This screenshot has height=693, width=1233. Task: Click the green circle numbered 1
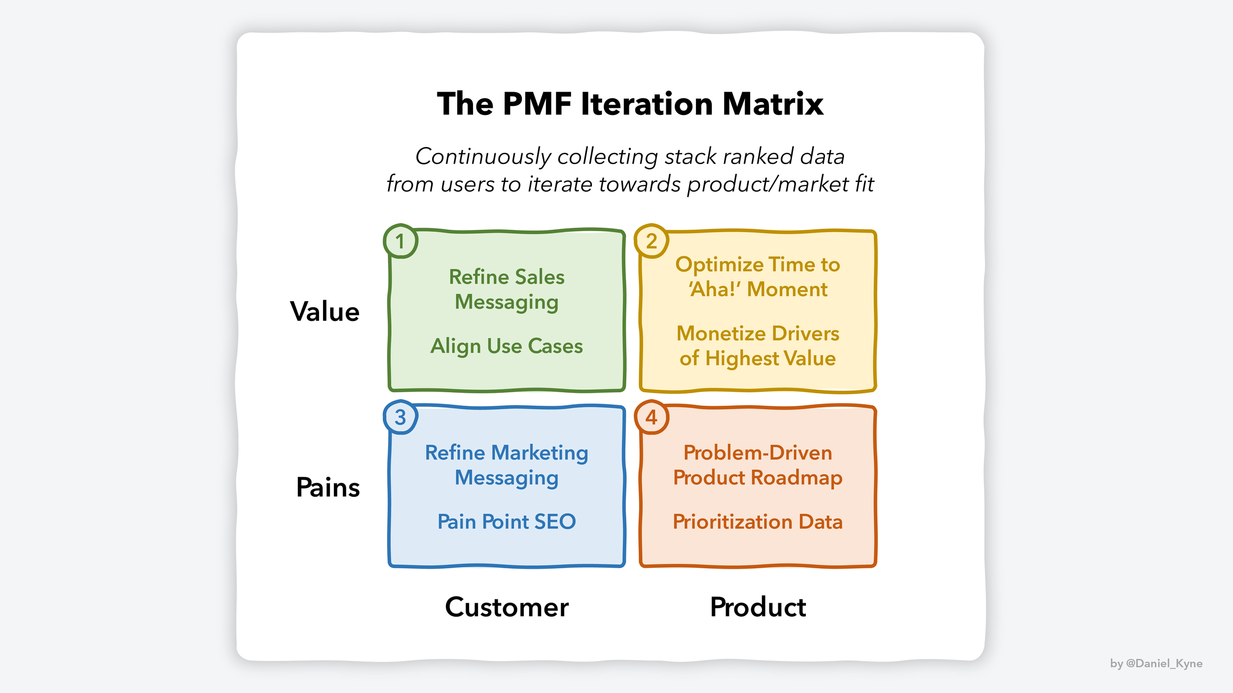coord(400,242)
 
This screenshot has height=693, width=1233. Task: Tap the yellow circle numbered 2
coord(652,242)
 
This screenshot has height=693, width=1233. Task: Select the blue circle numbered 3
coord(400,417)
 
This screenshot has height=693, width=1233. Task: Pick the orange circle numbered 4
coord(652,417)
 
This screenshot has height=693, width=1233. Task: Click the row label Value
coord(325,312)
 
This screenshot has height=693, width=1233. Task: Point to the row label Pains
coord(328,487)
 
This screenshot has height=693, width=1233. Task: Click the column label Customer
coord(507,607)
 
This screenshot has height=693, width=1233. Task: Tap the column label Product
coord(758,607)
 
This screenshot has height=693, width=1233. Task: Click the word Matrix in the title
coord(773,104)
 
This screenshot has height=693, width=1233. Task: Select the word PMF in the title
coord(537,104)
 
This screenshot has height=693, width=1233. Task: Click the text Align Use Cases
coord(507,346)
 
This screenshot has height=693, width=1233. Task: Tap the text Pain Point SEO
coord(507,521)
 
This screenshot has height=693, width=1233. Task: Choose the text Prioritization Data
coord(758,521)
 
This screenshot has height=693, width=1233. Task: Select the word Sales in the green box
coord(540,277)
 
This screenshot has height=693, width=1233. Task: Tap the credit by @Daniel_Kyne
coord(1156,663)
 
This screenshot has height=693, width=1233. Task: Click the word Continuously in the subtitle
coord(483,157)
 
